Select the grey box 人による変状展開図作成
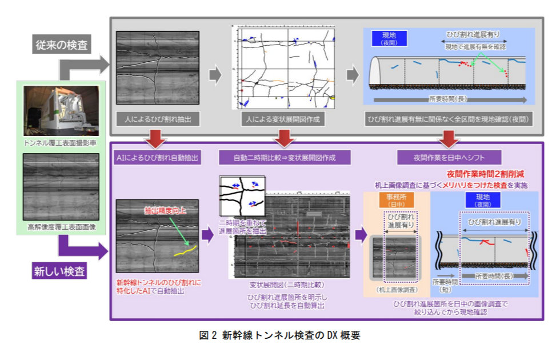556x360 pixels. tap(282, 119)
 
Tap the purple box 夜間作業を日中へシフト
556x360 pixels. tap(449, 157)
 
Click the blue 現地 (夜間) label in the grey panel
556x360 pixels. tap(389, 38)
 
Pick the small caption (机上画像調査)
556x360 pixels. tap(392, 289)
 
